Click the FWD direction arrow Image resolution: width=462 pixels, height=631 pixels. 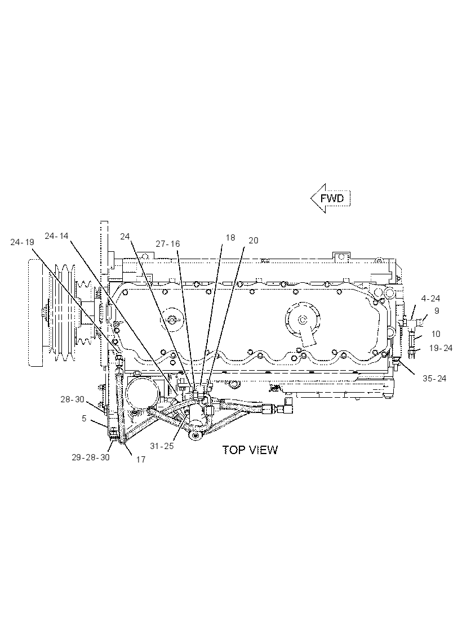point(330,198)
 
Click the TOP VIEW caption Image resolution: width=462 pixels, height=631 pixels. point(250,450)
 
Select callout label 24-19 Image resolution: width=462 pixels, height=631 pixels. point(22,242)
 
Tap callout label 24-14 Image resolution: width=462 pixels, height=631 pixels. point(57,236)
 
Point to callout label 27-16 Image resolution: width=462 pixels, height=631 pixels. point(168,243)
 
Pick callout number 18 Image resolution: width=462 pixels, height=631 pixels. point(230,237)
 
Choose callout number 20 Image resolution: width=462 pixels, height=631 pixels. point(254,240)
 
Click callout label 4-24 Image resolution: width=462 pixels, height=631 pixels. point(430,298)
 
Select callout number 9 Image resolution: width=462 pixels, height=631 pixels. point(437,310)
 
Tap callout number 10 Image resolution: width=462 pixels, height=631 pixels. point(436,334)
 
